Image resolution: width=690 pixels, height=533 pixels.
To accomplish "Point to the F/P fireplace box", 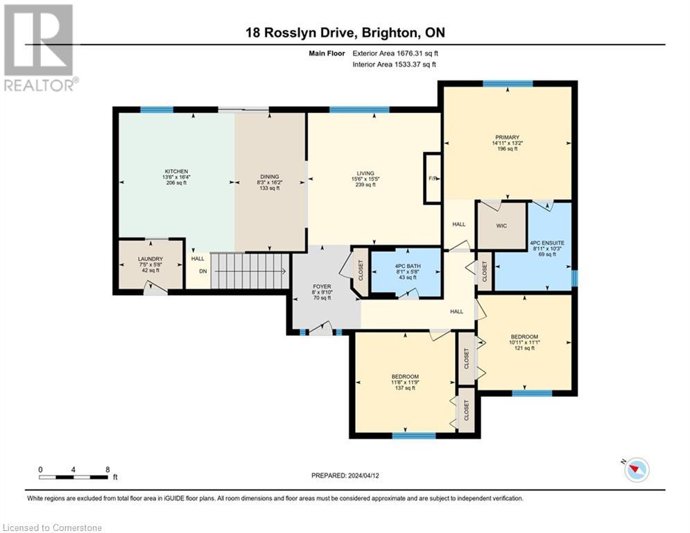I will click(x=433, y=178).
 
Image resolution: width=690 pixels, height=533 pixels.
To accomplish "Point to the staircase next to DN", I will click(x=248, y=271).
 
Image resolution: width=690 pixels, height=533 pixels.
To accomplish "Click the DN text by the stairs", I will click(x=202, y=272).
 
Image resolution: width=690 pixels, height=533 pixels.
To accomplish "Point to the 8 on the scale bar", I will click(x=107, y=469).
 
